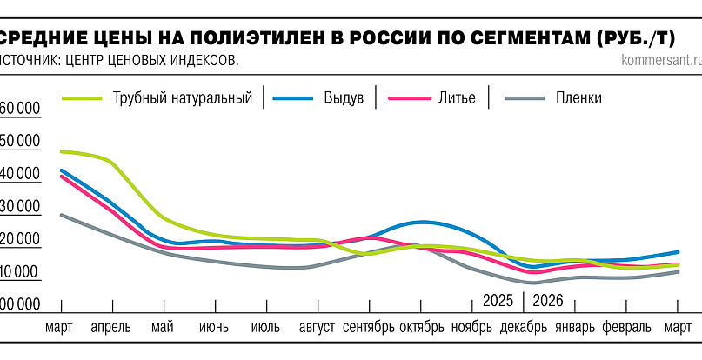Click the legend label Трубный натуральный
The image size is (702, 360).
[182, 97]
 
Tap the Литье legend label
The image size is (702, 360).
[456, 97]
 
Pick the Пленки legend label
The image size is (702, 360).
[578, 97]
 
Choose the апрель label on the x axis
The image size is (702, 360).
[111, 328]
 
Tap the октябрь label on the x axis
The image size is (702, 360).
[422, 328]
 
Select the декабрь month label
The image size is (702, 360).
[524, 328]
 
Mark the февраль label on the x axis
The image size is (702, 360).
[625, 328]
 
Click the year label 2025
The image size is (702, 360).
[498, 301]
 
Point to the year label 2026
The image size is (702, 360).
[547, 301]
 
